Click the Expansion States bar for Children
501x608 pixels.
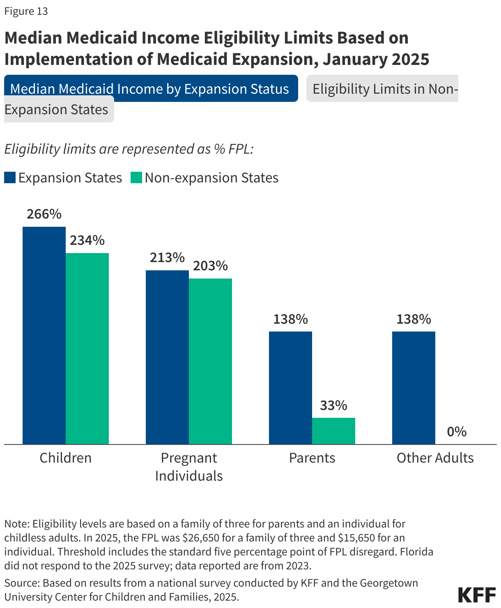[44, 335]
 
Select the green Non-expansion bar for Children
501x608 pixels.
[87, 348]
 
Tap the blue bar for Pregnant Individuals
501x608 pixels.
[167, 357]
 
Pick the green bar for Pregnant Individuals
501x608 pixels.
[210, 361]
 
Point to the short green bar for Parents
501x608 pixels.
[333, 431]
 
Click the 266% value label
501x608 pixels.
[44, 214]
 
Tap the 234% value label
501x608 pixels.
[87, 240]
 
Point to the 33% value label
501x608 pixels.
[333, 405]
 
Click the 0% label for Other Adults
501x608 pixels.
[457, 432]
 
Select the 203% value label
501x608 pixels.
[210, 266]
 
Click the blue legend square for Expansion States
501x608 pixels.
[10, 178]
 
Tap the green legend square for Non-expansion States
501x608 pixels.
[136, 178]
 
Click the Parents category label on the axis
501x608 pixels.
[312, 458]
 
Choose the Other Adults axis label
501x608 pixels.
[435, 458]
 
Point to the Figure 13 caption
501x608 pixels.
[26, 11]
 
